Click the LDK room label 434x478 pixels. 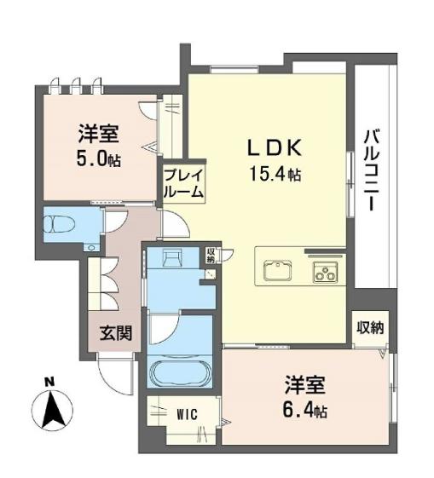(275, 148)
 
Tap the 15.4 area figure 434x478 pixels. (275, 175)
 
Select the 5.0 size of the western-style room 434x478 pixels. (99, 158)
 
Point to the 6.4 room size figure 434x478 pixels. (304, 410)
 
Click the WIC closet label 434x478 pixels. (188, 414)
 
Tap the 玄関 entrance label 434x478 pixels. (116, 333)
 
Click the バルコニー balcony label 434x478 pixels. (371, 170)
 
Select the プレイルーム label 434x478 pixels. (183, 183)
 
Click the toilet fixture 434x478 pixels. (60, 224)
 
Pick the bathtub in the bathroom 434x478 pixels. (180, 373)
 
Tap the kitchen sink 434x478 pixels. (277, 270)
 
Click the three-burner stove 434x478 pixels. (325, 272)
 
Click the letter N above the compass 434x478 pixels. (49, 382)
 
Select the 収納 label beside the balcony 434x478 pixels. (371, 328)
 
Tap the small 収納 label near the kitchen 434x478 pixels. (211, 256)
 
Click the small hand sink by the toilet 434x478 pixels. (91, 248)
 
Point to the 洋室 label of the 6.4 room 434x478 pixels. (305, 385)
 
